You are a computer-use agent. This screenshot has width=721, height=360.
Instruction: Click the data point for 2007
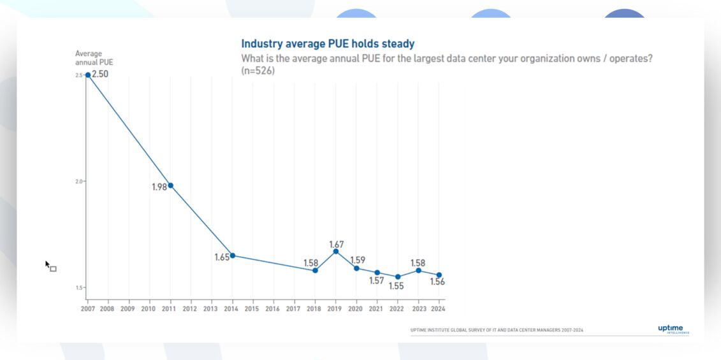pos(88,75)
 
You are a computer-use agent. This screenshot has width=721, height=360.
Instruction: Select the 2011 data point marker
pos(170,185)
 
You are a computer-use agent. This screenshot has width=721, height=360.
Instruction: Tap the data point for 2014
pos(232,256)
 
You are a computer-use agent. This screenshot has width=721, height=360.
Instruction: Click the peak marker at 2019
pos(336,251)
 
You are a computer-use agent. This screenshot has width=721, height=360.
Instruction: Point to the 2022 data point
pos(398,277)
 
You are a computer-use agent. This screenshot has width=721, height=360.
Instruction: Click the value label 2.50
pos(100,74)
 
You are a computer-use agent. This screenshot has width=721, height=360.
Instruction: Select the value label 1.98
pos(159,187)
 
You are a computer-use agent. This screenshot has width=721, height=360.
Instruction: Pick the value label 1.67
pos(337,244)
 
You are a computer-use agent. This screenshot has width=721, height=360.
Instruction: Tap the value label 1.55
pos(397,286)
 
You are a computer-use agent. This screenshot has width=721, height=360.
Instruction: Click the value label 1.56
pos(437,282)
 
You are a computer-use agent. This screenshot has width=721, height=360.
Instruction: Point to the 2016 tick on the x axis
pos(272,309)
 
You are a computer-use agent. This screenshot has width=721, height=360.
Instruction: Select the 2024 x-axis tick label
pos(438,309)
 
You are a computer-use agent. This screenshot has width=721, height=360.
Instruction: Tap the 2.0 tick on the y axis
pos(79,182)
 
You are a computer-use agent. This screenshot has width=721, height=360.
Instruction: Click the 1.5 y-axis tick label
pos(79,288)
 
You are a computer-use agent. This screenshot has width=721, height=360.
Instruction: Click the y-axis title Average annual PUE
pos(94,58)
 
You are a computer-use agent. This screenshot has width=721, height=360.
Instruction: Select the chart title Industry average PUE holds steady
pos(328,44)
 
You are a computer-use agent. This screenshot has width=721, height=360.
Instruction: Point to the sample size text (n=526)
pos(258,71)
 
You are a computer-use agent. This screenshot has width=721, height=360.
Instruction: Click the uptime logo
pos(673,329)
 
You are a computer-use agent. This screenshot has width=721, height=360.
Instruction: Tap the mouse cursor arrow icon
pos(48,264)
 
